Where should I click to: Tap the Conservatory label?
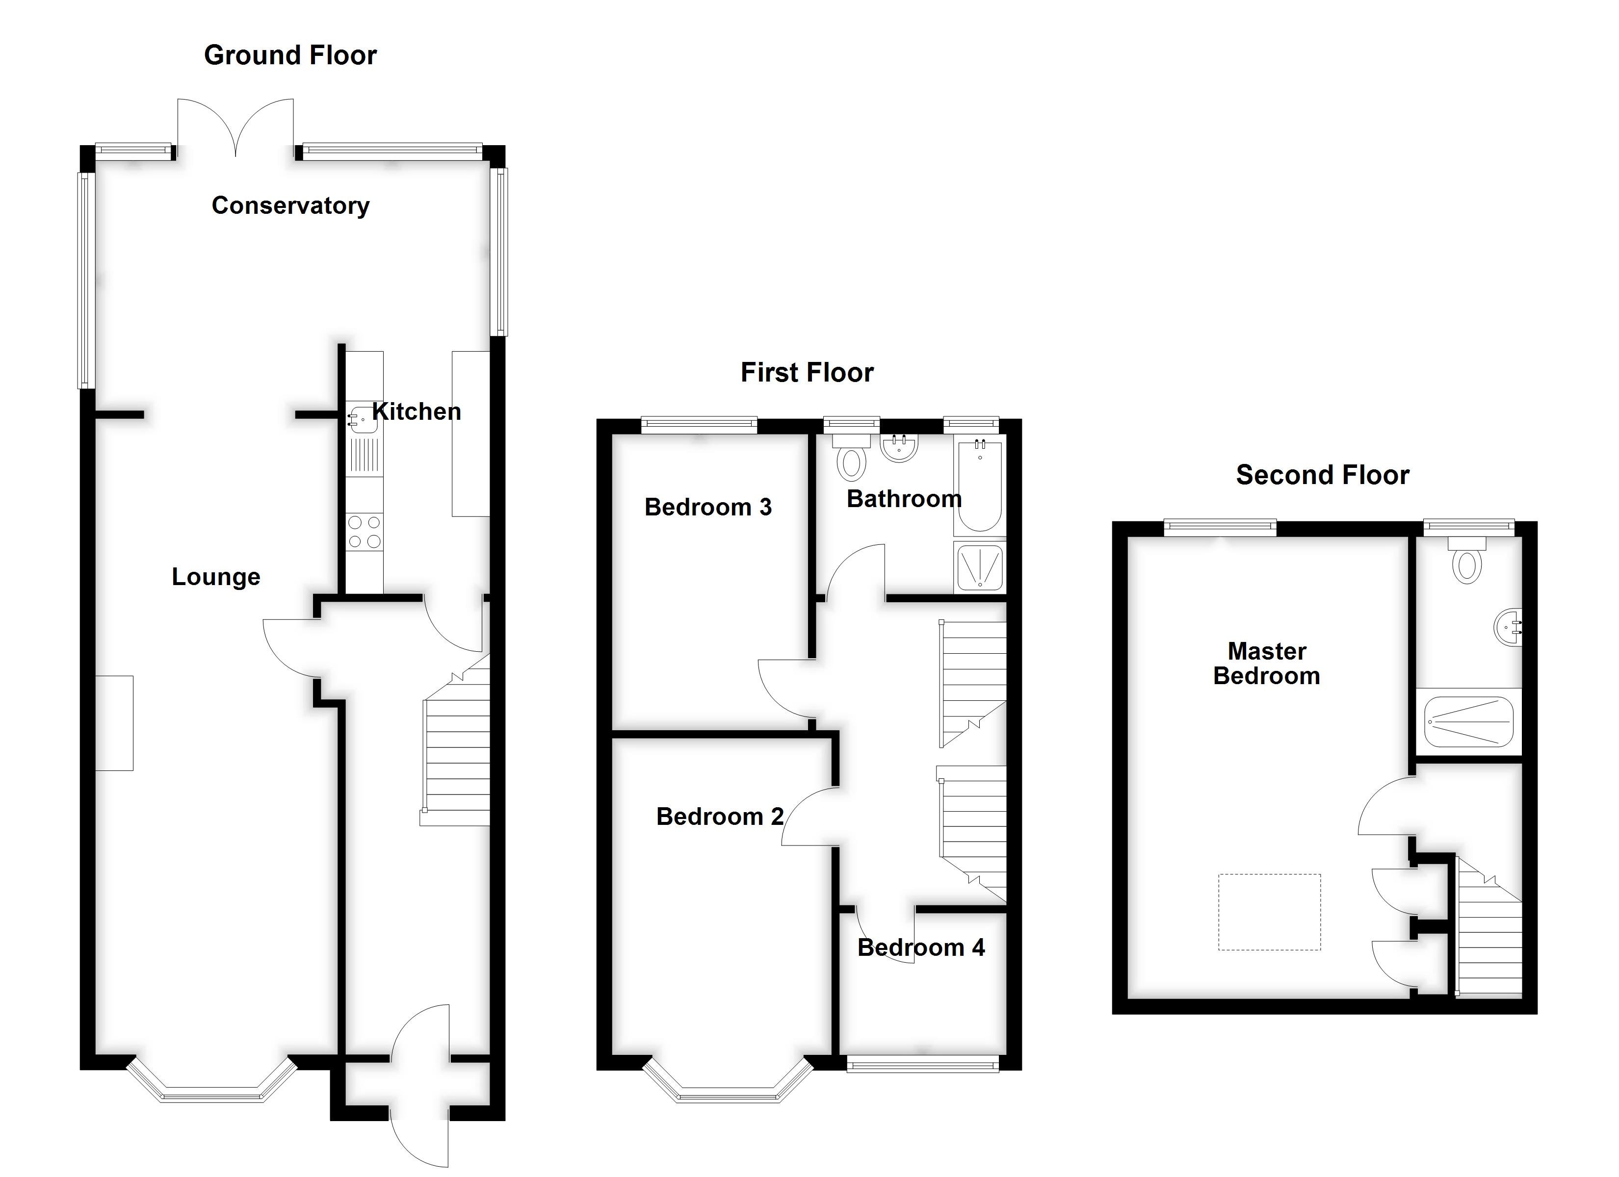pos(290,205)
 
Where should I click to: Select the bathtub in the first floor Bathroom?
pos(979,487)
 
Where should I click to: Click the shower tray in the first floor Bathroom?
pos(979,567)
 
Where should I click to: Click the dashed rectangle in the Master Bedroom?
pos(1269,912)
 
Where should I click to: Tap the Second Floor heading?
pos(1322,475)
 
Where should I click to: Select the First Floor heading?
pos(807,373)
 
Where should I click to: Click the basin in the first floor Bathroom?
pos(899,448)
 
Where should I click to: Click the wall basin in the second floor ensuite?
pos(1508,627)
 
